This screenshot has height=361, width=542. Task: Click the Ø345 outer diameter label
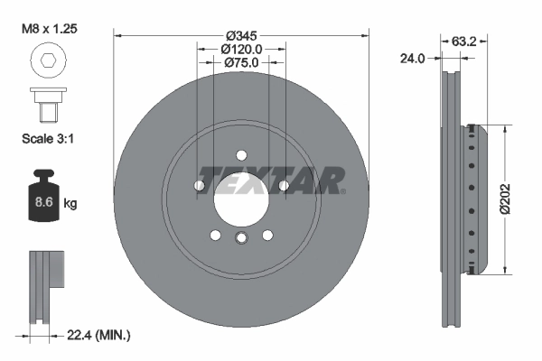(241, 34)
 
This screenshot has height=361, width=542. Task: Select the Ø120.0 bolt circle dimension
(241, 49)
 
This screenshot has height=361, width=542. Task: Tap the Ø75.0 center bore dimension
(241, 63)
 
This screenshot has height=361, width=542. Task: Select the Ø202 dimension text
(508, 197)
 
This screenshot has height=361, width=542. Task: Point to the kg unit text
(70, 204)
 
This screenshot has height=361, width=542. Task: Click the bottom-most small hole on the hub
(241, 238)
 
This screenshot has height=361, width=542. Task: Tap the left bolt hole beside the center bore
(200, 186)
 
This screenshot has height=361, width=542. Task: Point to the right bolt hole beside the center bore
(283, 186)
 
